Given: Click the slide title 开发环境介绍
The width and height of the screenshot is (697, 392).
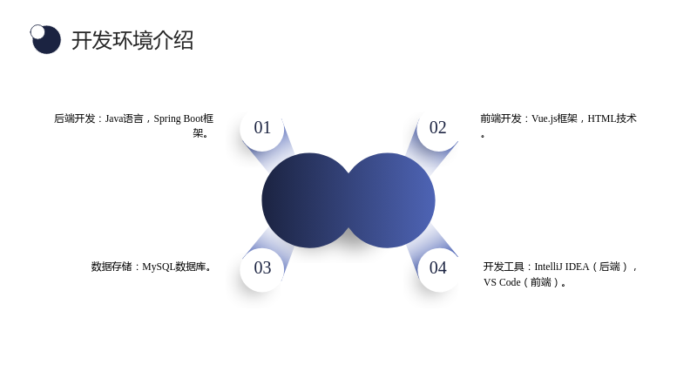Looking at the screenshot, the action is [132, 40].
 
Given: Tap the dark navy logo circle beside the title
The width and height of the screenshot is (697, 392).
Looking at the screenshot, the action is [47, 40].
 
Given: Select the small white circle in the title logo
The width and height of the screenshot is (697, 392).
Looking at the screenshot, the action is [37, 31].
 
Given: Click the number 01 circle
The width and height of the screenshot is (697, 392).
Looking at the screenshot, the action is [262, 128].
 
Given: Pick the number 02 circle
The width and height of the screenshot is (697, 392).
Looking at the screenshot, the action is [438, 128].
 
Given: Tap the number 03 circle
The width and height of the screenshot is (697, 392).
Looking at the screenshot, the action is [262, 268].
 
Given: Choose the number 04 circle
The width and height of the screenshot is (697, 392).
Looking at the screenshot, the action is [438, 268].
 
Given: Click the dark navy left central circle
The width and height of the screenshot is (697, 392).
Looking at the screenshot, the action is [307, 200].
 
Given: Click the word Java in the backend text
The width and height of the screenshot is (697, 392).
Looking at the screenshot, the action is [114, 118].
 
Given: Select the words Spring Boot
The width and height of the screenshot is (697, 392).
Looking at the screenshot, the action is [179, 119].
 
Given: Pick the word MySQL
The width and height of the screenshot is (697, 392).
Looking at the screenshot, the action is [159, 267].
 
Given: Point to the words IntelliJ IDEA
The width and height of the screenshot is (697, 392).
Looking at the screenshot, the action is [561, 267].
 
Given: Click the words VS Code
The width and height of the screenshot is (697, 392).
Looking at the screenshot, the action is [502, 282].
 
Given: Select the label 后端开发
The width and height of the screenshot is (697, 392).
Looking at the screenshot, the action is [74, 118].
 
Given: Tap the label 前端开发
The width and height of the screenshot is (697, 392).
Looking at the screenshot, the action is [501, 118].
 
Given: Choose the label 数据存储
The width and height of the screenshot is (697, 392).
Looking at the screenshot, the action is [112, 267].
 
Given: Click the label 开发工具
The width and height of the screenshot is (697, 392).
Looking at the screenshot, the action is [504, 267].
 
